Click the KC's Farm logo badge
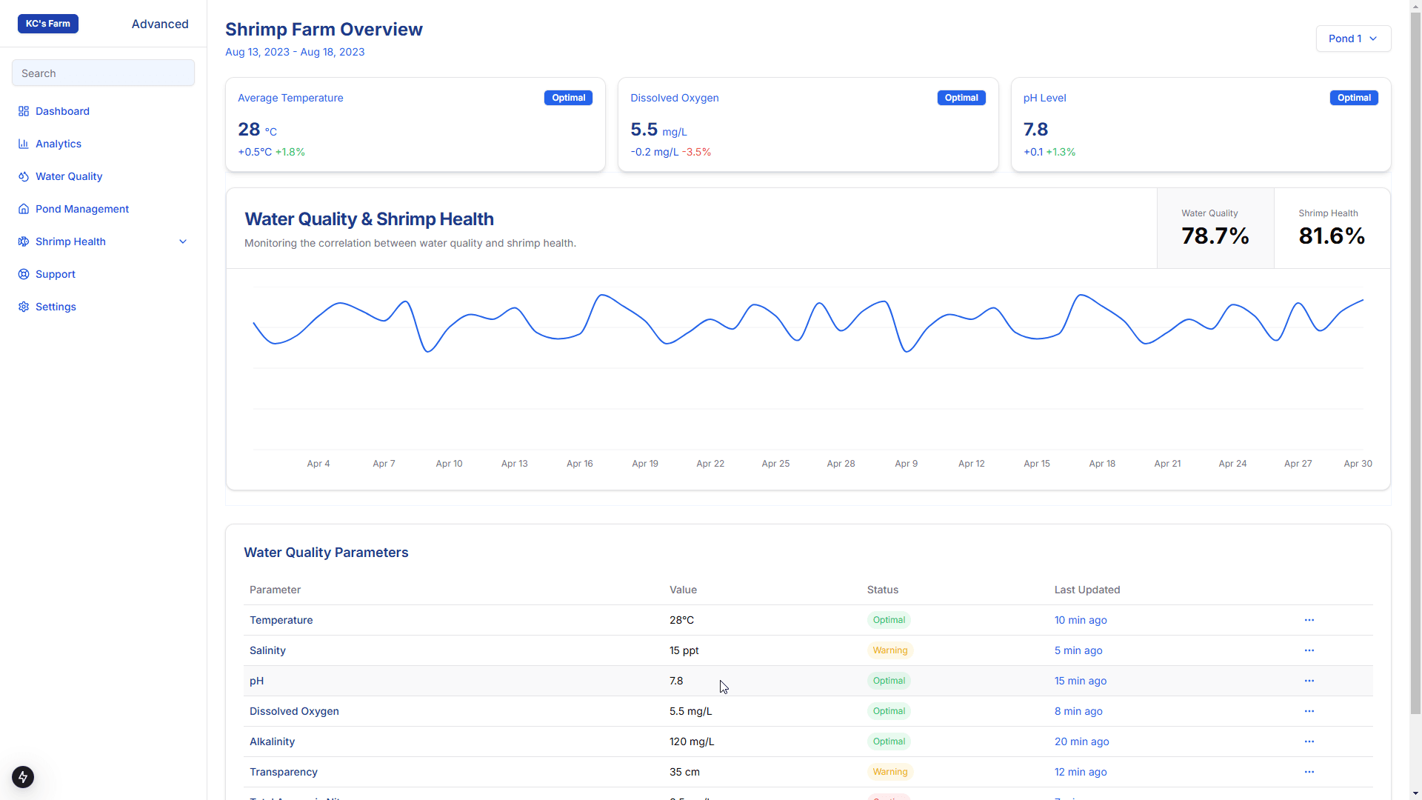[48, 24]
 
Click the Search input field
[103, 73]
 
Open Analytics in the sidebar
[59, 144]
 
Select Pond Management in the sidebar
[82, 209]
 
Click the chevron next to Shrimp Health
[183, 241]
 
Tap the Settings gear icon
[24, 307]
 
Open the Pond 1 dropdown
[1353, 39]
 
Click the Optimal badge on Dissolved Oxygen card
[961, 98]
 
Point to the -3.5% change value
[696, 152]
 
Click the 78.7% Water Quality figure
[1215, 236]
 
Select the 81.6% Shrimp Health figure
[1332, 236]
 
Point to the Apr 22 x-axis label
[710, 464]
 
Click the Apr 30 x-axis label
[1358, 464]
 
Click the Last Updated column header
[1087, 590]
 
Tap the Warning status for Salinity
[890, 650]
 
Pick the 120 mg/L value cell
[692, 741]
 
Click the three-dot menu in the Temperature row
[1309, 620]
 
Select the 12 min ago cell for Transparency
[1081, 772]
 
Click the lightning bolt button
[23, 777]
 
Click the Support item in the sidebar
[56, 274]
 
